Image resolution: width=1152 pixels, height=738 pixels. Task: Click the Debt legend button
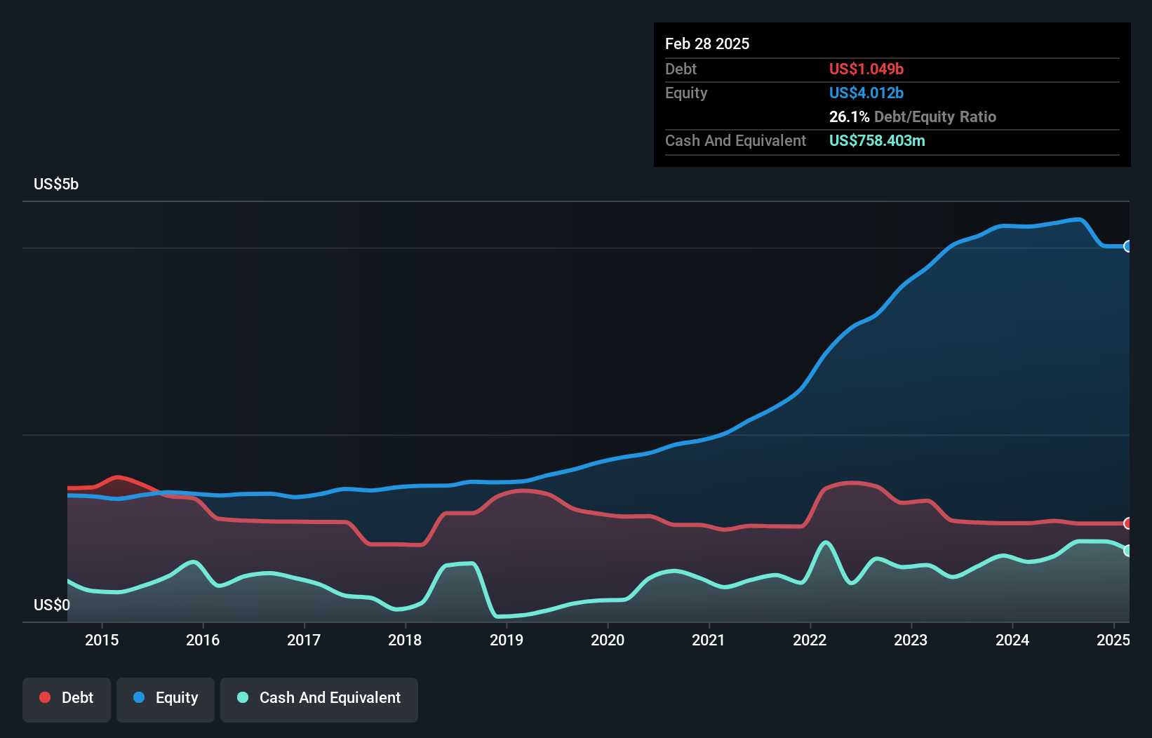click(67, 699)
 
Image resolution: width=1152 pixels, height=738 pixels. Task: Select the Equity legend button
click(166, 699)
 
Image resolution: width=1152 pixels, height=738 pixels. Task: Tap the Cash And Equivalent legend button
click(319, 699)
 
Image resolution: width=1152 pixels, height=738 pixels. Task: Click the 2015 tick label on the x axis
click(102, 640)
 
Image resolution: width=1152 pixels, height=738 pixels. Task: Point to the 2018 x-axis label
click(405, 640)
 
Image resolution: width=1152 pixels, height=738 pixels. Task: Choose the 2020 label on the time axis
click(608, 640)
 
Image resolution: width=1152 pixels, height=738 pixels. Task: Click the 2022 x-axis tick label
click(810, 640)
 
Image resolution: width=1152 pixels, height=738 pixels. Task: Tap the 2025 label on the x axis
click(1113, 640)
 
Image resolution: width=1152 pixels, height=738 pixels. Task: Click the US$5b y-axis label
click(56, 184)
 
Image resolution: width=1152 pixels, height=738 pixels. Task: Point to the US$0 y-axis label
click(52, 605)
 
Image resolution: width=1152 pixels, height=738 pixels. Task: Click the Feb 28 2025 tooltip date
click(707, 43)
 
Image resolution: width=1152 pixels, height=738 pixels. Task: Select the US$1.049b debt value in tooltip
click(866, 69)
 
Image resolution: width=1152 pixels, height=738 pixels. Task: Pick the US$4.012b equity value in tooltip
click(866, 93)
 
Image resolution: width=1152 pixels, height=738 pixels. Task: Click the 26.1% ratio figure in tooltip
click(849, 116)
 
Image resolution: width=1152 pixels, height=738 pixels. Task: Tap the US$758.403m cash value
click(877, 140)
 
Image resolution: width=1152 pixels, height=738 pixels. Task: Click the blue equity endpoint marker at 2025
click(1127, 246)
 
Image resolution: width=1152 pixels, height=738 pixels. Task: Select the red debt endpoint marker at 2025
click(1127, 523)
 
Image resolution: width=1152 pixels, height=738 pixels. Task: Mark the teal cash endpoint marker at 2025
click(1127, 551)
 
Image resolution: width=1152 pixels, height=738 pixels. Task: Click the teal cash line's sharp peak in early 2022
click(826, 542)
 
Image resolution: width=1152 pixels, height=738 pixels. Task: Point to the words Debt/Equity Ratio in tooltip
click(935, 116)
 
